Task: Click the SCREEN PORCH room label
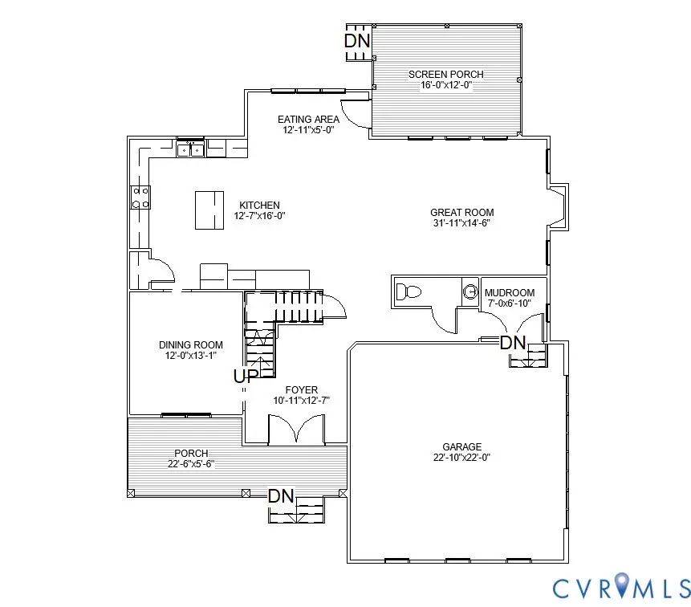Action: pyautogui.click(x=446, y=75)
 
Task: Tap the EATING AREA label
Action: pyautogui.click(x=308, y=119)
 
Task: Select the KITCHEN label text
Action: pyautogui.click(x=260, y=205)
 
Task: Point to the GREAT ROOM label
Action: pyautogui.click(x=461, y=213)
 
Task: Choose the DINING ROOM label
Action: pyautogui.click(x=191, y=345)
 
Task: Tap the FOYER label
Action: pyautogui.click(x=302, y=389)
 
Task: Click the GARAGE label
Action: pyautogui.click(x=461, y=447)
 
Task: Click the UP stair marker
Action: pyautogui.click(x=246, y=376)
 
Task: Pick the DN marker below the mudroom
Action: pyautogui.click(x=512, y=343)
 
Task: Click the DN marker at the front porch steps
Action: pyautogui.click(x=281, y=496)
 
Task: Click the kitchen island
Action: pyautogui.click(x=209, y=210)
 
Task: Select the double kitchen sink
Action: pyautogui.click(x=190, y=149)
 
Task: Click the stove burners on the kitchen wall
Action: pyautogui.click(x=140, y=198)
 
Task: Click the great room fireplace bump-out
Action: pyautogui.click(x=558, y=202)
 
